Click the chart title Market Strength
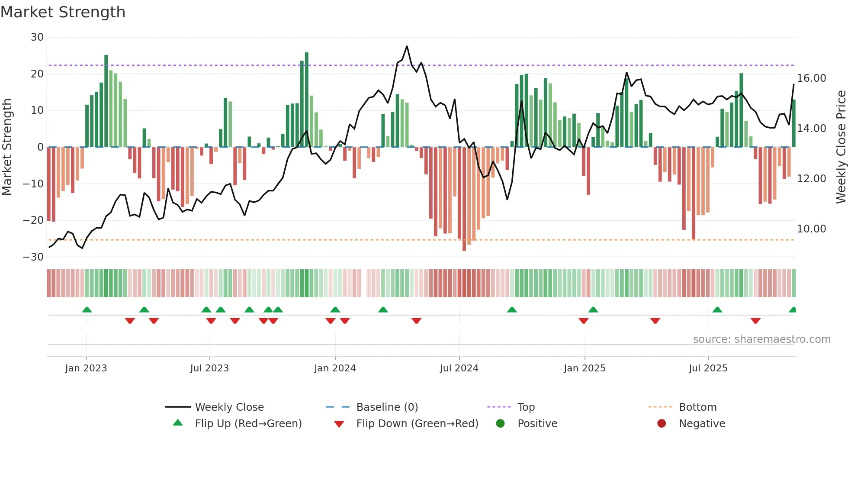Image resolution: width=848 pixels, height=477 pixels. pyautogui.click(x=63, y=12)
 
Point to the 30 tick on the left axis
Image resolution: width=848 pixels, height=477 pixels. pyautogui.click(x=37, y=37)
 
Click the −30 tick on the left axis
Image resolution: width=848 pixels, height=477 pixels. pyautogui.click(x=34, y=257)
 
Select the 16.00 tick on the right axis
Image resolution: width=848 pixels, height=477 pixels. pyautogui.click(x=811, y=78)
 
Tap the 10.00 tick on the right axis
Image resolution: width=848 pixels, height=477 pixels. pyautogui.click(x=811, y=229)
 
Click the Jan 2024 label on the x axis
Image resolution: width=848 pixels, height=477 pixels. pyautogui.click(x=335, y=368)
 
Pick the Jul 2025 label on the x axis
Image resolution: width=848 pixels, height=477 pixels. pyautogui.click(x=708, y=368)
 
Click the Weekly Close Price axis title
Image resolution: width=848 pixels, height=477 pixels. pyautogui.click(x=841, y=147)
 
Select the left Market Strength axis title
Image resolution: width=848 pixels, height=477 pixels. pyautogui.click(x=7, y=147)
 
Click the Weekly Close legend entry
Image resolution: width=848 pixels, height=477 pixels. pyautogui.click(x=229, y=407)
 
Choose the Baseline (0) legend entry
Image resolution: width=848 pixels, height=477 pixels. pyautogui.click(x=387, y=407)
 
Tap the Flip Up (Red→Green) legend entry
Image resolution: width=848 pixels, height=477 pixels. pyautogui.click(x=248, y=424)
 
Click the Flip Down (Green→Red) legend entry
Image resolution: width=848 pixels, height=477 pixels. pyautogui.click(x=417, y=424)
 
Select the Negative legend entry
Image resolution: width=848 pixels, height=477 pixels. pyautogui.click(x=701, y=424)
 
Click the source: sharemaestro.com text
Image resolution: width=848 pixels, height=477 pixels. pyautogui.click(x=761, y=339)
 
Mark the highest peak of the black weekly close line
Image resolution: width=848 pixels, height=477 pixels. pyautogui.click(x=407, y=46)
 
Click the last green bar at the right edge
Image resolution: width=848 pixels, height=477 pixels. pyautogui.click(x=793, y=123)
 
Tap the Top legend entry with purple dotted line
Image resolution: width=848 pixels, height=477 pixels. pyautogui.click(x=526, y=407)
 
